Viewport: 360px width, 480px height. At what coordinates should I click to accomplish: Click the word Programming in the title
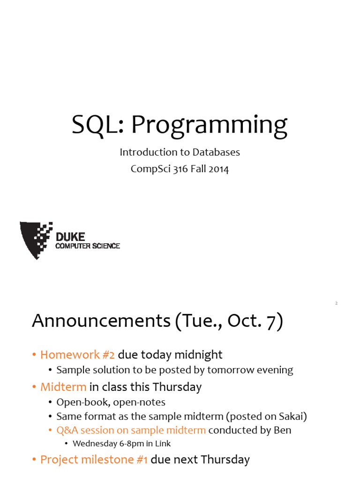tap(210, 126)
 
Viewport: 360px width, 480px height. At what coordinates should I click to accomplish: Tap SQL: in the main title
tap(97, 124)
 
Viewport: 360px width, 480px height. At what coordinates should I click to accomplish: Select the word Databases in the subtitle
tap(216, 152)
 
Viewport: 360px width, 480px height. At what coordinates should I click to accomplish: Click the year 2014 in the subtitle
tap(218, 169)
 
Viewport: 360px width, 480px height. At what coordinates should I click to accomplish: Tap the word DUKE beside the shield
tap(70, 237)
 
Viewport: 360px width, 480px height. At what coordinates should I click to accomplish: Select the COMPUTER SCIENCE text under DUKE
tap(88, 246)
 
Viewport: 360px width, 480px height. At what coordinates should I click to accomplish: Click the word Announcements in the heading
tap(101, 321)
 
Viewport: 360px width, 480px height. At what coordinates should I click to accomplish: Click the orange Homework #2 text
tap(77, 355)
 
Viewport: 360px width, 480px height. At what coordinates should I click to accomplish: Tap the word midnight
tap(198, 355)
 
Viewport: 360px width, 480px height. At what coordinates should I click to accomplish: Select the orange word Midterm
tap(63, 387)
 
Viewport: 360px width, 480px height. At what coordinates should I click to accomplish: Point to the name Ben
tap(282, 430)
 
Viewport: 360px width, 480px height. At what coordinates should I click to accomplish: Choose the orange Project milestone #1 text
tap(94, 459)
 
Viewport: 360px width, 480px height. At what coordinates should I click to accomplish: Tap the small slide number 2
tap(336, 303)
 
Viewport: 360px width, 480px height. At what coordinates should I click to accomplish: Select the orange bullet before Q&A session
tap(50, 430)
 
